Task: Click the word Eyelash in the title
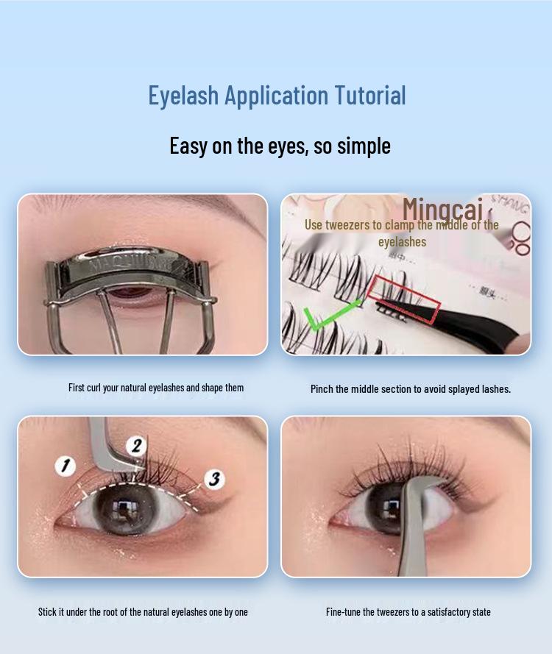[183, 96]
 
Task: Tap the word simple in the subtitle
[364, 145]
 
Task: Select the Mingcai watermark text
[442, 209]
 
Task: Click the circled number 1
[66, 465]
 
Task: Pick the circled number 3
[213, 480]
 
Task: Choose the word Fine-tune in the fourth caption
[346, 611]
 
